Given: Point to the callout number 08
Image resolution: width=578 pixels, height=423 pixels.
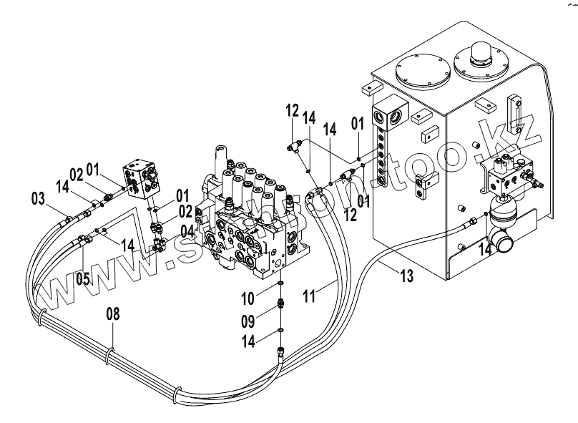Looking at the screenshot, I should (113, 313).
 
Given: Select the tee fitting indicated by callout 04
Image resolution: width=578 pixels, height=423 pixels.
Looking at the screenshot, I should (161, 245).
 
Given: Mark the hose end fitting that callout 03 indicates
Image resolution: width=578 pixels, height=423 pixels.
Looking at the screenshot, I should (68, 220).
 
